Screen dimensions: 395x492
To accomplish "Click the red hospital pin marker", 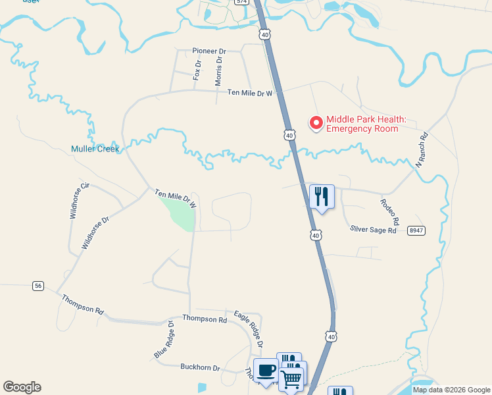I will point(316,122).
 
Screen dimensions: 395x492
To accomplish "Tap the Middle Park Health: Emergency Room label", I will point(366,124).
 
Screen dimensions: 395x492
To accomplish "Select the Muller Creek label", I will point(95,149).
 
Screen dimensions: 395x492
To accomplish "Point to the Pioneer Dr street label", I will point(209,51).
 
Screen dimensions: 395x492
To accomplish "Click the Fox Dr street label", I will point(197,70).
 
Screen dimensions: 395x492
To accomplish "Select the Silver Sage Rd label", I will point(374,230).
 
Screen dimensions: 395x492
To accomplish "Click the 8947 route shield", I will point(416,230).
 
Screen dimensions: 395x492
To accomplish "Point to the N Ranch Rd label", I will point(421,150).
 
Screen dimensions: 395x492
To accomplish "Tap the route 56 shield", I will point(38,285).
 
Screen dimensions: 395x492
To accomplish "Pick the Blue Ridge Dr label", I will point(164,340).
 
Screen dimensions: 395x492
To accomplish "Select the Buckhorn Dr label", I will point(200,367).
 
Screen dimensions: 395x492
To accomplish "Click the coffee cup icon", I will point(266,370).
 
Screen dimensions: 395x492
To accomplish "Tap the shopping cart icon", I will point(291,378).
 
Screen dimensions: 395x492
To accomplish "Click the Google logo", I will point(22,387).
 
